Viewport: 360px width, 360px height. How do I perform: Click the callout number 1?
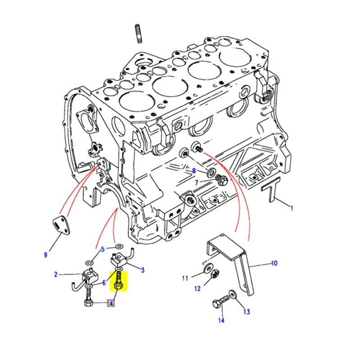click(291, 208)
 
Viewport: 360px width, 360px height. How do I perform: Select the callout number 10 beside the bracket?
click(274, 263)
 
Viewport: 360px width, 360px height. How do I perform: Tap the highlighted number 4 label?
click(110, 303)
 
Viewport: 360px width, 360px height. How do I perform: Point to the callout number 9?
click(45, 256)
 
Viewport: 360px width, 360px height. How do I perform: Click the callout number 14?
click(221, 320)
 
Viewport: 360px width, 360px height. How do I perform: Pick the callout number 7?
click(196, 182)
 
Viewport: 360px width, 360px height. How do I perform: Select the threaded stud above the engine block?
click(138, 34)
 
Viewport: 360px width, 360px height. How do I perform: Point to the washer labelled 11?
click(208, 269)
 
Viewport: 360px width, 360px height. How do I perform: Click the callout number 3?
click(143, 270)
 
